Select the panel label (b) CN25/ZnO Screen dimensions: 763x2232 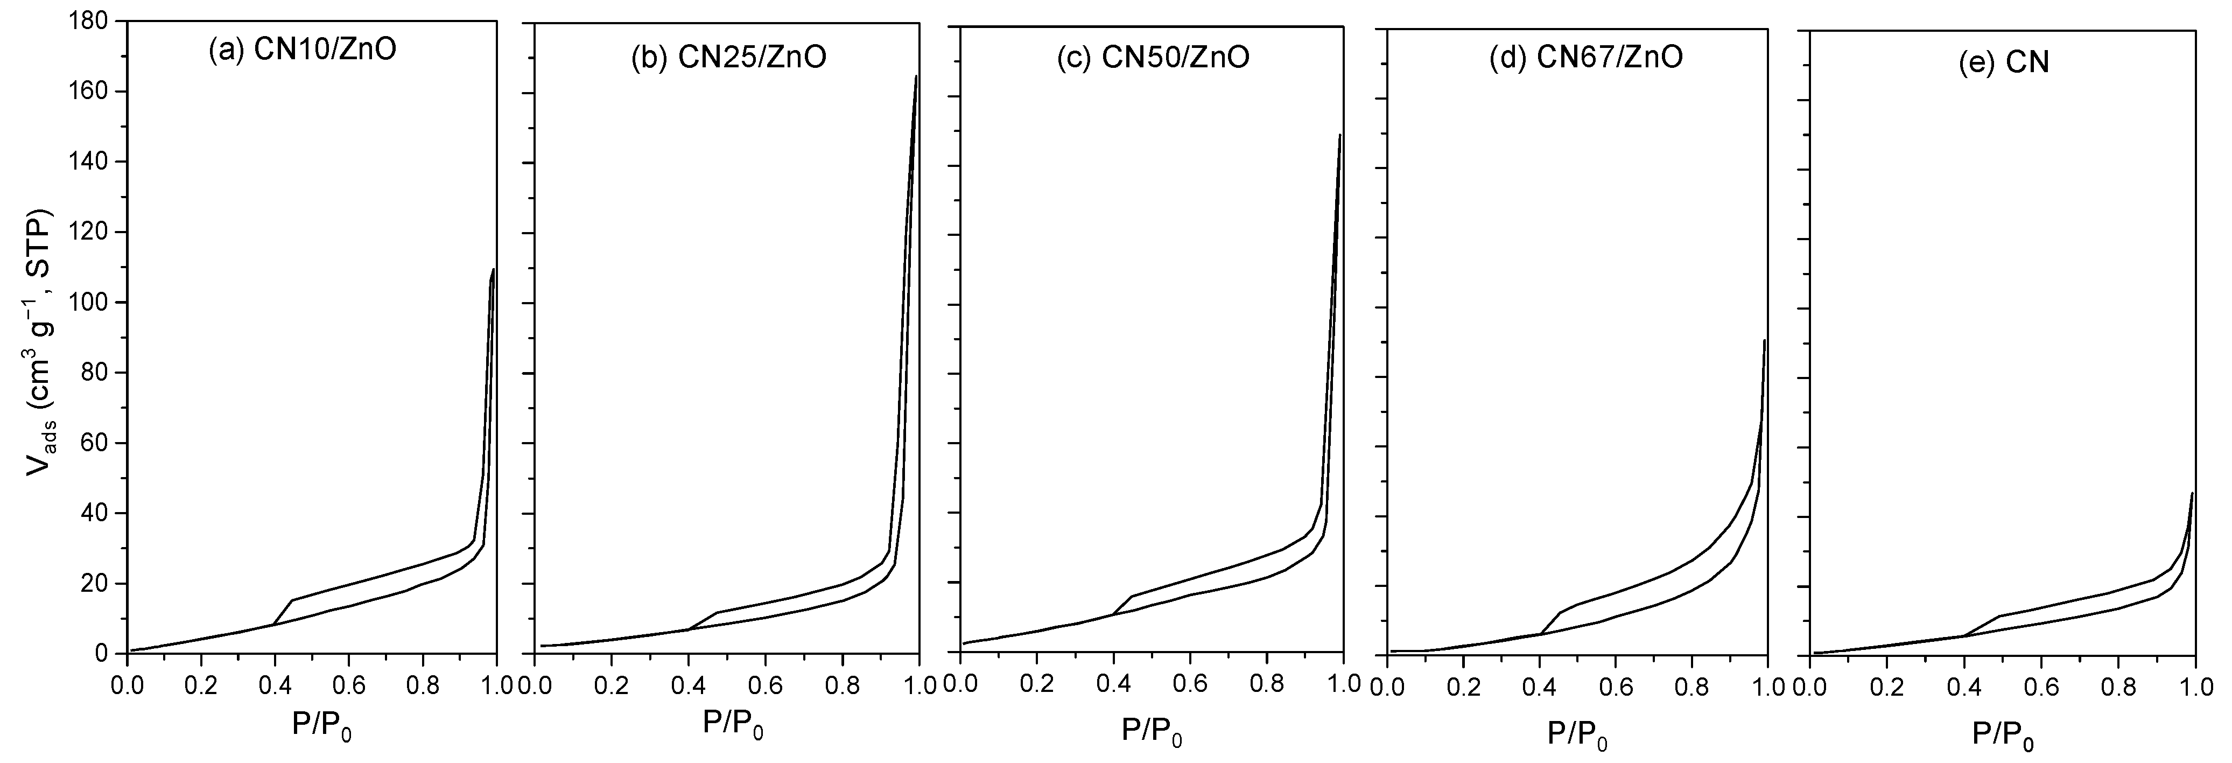(x=728, y=57)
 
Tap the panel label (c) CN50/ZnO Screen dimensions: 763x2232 (x=1153, y=57)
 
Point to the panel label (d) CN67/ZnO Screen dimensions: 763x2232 (x=1585, y=57)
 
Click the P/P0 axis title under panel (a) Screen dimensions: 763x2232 (x=321, y=725)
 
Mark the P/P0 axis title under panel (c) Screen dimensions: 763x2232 (x=1153, y=733)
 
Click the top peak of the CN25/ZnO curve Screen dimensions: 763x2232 (x=916, y=76)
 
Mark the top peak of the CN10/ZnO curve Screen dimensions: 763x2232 (x=493, y=270)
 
